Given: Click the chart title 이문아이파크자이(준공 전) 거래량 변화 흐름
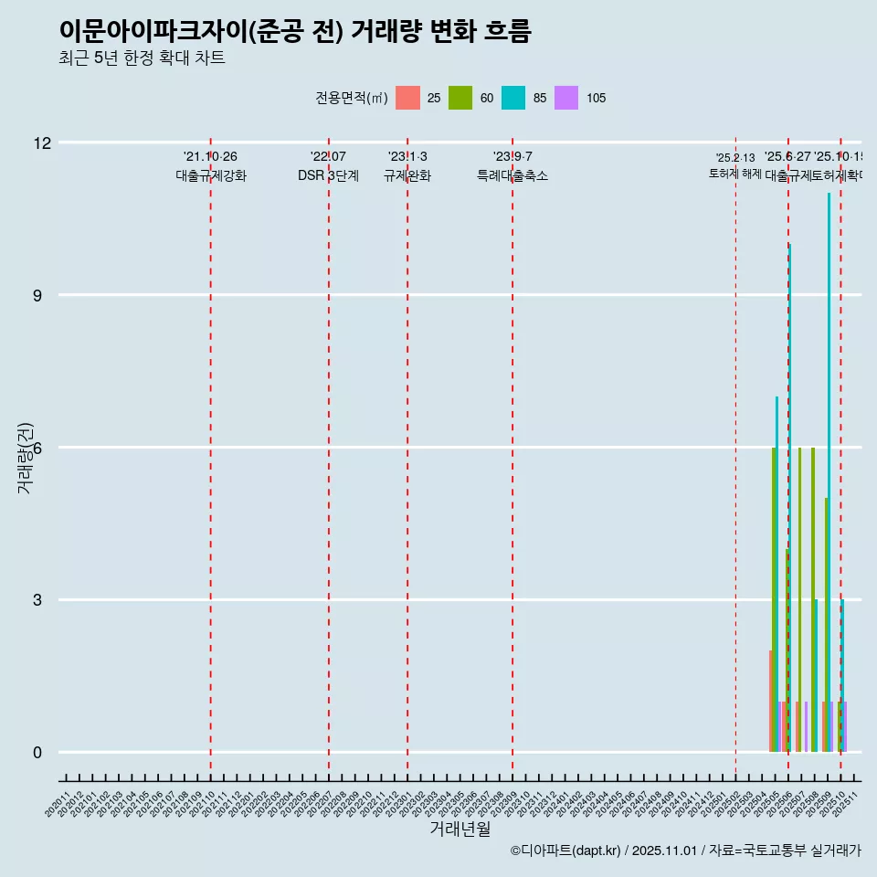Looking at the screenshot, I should point(294,31).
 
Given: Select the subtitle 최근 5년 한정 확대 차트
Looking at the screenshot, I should point(142,58).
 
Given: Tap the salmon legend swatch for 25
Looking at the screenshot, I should point(407,98).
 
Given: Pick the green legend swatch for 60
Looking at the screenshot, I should point(460,98).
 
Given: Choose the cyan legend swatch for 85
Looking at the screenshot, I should point(513,98).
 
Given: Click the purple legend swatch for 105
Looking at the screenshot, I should point(566,98).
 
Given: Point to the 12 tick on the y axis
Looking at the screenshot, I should point(42,143).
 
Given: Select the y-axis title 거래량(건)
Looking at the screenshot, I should point(25,459).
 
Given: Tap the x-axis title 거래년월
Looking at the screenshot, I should point(460,829).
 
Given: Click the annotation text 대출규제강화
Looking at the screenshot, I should point(211,176).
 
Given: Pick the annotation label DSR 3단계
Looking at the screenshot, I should point(328,176).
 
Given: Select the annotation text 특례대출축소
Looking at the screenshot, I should point(512,176).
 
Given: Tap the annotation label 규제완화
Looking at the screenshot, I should point(407,176).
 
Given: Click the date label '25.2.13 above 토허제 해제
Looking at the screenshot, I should point(735,158).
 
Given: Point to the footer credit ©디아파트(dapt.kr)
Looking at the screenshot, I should point(566,851).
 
